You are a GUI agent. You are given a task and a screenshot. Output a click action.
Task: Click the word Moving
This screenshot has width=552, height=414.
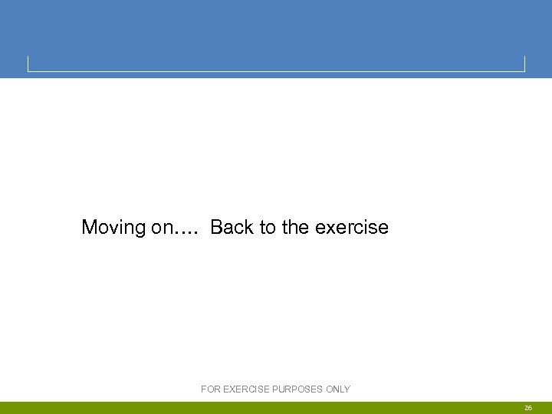113,228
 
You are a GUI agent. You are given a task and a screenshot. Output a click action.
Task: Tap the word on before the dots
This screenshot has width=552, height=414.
163,228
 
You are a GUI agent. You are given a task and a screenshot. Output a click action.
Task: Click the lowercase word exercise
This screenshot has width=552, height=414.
352,228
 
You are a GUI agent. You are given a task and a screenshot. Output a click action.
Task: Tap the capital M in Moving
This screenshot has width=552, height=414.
90,228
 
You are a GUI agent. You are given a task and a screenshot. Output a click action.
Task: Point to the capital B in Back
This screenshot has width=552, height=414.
216,228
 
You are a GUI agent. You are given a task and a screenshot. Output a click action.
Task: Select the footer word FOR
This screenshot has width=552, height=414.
211,389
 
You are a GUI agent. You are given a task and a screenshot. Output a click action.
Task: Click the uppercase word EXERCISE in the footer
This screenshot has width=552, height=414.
245,389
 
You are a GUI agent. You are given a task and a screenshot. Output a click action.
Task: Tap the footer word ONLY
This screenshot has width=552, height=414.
338,389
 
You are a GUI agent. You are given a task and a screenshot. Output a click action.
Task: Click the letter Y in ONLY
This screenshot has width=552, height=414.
347,389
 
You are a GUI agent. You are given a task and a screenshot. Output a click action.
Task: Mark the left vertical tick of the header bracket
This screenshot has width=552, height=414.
28,64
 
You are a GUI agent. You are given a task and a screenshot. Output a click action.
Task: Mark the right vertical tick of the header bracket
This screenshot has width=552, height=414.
524,64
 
